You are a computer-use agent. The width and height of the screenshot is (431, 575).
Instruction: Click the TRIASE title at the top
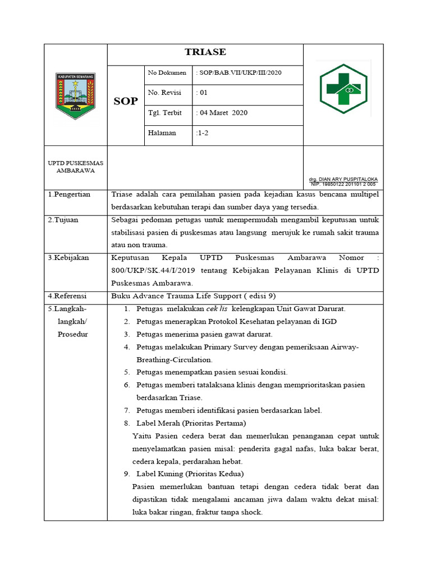tap(205, 52)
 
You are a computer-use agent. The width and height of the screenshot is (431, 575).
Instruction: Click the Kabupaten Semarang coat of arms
tap(76, 95)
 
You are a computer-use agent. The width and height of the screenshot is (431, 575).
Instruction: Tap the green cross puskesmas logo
tap(343, 87)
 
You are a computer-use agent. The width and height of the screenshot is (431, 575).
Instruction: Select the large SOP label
tap(126, 101)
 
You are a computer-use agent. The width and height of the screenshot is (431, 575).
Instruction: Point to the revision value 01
tap(202, 93)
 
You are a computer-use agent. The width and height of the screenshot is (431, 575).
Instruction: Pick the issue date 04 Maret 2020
tap(222, 113)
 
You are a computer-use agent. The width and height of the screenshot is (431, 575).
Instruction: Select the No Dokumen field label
tap(167, 73)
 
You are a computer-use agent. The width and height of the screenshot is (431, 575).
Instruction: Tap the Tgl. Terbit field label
tap(165, 113)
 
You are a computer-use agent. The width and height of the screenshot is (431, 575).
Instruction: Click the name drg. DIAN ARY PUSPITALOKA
tap(343, 179)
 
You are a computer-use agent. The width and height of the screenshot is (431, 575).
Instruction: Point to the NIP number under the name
tap(343, 184)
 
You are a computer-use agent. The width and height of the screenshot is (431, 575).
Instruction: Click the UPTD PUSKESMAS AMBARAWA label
tap(76, 166)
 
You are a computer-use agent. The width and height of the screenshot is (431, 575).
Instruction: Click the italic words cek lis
tap(217, 309)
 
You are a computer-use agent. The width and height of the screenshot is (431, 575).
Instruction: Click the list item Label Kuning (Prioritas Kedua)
tap(190, 474)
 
